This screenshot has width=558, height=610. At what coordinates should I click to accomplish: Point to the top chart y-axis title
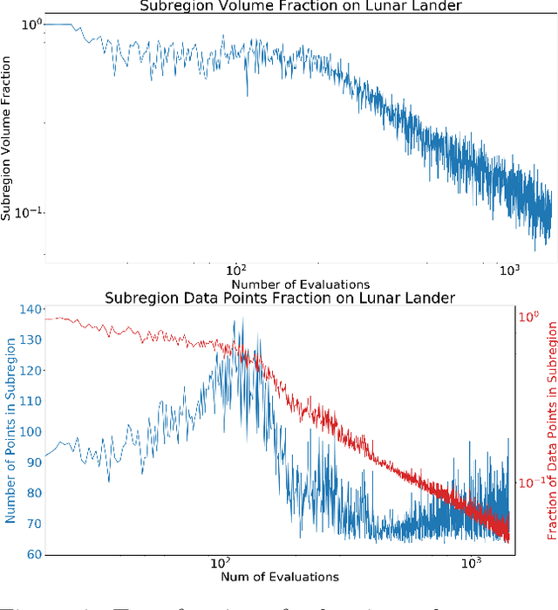pos(7,139)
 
